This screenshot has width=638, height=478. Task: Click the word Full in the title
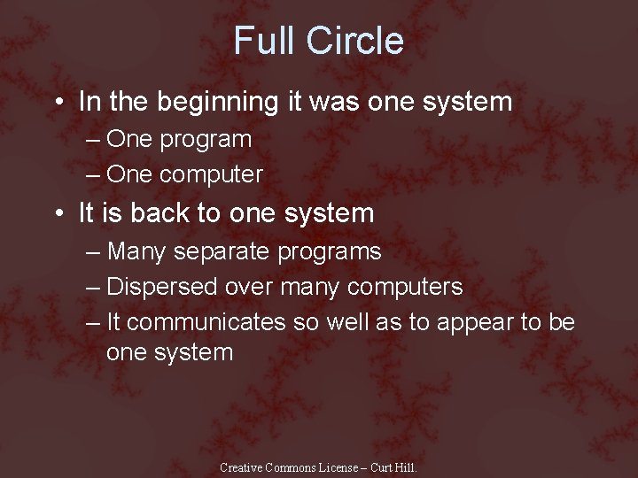click(263, 42)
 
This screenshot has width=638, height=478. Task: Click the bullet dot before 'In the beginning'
click(58, 103)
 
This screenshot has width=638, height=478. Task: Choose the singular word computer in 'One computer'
click(211, 175)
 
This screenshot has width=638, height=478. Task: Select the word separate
click(222, 251)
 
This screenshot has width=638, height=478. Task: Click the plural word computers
click(405, 288)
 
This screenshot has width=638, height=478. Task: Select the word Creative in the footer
click(242, 467)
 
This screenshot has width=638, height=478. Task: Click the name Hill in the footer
click(405, 467)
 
